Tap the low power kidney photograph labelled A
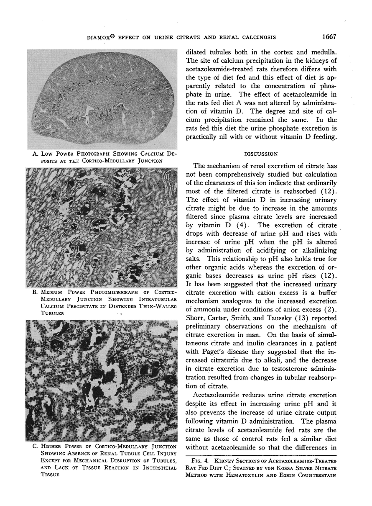tap(102, 99)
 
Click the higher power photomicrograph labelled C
tap(102, 380)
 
